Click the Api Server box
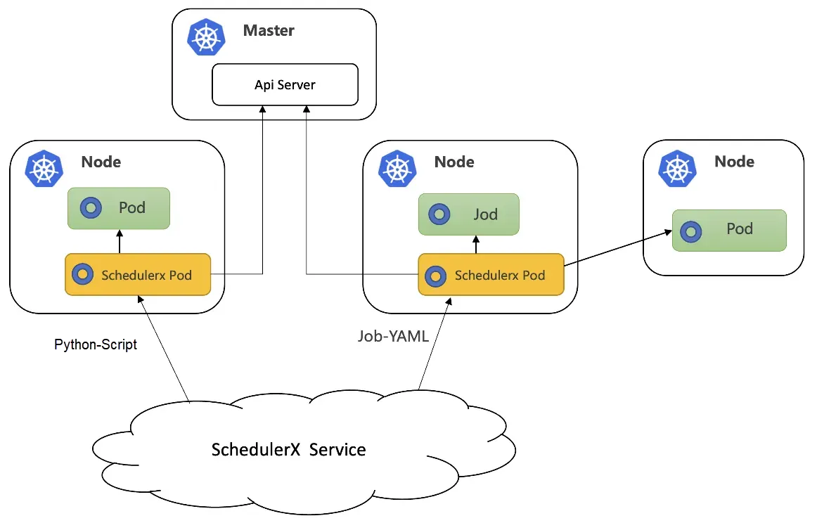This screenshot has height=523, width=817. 285,85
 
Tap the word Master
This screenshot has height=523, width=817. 269,31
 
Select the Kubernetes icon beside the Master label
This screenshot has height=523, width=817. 206,37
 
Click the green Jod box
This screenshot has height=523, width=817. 469,214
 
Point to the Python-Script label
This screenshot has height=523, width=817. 96,345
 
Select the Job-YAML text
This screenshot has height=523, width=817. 392,336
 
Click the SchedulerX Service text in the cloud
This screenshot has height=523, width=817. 288,449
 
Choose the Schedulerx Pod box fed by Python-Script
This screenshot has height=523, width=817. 138,274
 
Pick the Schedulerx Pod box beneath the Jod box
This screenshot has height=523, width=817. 491,275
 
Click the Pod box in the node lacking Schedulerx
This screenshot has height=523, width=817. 728,230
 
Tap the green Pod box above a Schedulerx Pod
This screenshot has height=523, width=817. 119,208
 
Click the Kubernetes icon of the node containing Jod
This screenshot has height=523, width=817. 397,168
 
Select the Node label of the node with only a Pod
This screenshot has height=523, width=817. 734,162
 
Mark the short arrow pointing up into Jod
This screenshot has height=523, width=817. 476,244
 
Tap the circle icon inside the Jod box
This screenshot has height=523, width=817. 439,214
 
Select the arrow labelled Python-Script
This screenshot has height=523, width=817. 165,348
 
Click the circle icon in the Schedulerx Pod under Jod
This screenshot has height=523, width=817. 436,276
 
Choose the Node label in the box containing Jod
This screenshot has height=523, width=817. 454,162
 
